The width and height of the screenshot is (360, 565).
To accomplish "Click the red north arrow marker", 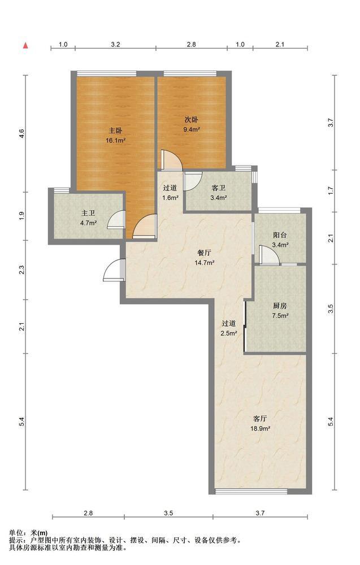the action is tap(25, 45).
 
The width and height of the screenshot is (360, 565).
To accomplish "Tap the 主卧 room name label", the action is tap(115, 131).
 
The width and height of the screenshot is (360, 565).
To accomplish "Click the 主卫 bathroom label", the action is tap(88, 214).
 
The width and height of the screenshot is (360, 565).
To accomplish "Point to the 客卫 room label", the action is tap(218, 188).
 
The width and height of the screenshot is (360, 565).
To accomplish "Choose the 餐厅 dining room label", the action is tap(205, 253).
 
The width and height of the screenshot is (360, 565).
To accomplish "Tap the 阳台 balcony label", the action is tap(280, 235).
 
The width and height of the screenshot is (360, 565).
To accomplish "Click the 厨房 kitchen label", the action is tap(280, 306).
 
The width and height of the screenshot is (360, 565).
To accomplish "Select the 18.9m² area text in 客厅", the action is tap(261, 429).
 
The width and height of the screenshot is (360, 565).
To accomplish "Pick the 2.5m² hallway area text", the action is tap(229, 334).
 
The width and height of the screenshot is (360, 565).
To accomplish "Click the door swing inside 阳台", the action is tap(269, 255).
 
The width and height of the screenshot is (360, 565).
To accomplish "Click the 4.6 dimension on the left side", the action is tap(22, 134).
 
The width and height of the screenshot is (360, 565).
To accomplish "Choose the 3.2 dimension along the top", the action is tap(115, 45).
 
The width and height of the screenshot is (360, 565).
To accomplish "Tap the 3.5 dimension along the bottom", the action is tap(168, 513).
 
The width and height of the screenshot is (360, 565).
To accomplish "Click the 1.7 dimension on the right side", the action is tap(331, 190).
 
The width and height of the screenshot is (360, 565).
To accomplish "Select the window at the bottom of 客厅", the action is tap(251, 491).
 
